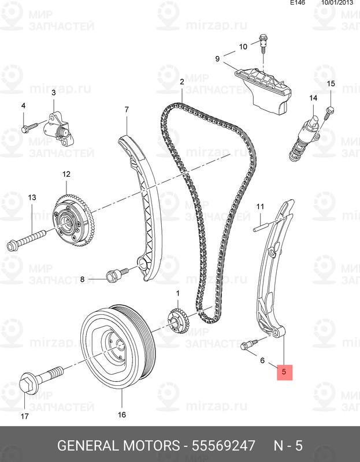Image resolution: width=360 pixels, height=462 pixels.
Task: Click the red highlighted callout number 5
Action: click(x=284, y=372)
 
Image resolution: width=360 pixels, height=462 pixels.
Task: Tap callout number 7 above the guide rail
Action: click(x=127, y=110)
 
